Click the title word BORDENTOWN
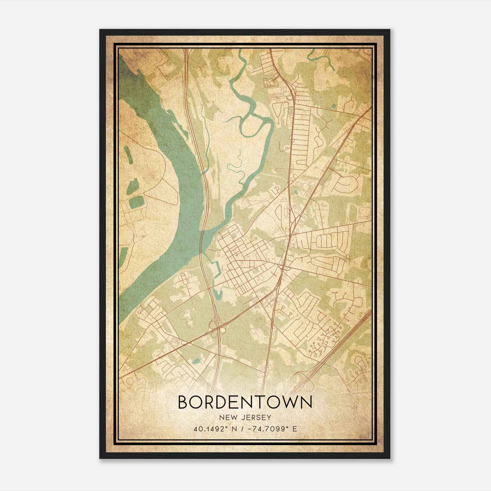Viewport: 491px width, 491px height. [245, 402]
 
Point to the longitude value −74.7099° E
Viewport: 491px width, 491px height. [270, 429]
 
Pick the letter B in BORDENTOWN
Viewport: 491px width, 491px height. [183, 402]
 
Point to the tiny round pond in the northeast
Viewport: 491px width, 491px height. [334, 107]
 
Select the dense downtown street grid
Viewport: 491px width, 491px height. [242, 261]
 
